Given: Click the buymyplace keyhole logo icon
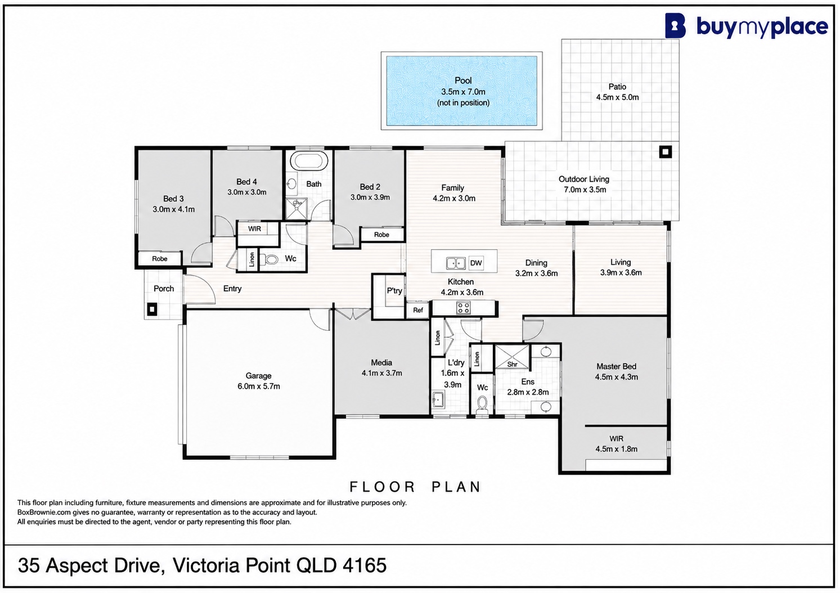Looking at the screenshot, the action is [x=675, y=25].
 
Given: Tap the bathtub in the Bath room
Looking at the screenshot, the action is [x=309, y=161].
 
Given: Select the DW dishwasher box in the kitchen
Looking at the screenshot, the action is [x=476, y=263].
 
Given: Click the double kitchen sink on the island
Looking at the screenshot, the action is [x=456, y=263].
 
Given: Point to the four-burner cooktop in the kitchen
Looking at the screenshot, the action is [x=464, y=308].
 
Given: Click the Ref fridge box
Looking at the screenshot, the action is [x=418, y=310].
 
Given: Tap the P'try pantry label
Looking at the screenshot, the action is [x=394, y=291].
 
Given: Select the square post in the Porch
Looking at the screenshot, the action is [x=152, y=309].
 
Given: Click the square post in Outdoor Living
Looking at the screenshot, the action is [x=665, y=152].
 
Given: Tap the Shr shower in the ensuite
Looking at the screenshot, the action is [x=512, y=357].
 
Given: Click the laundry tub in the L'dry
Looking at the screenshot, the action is [x=438, y=399].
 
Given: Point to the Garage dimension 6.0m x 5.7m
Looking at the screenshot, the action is [x=259, y=387].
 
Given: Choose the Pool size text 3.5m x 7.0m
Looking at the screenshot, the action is [x=463, y=92].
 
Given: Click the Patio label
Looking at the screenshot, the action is [x=617, y=87].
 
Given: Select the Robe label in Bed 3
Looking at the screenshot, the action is [x=160, y=259].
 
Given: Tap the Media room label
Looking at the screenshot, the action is [x=381, y=363].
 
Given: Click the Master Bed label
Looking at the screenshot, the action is [x=617, y=366].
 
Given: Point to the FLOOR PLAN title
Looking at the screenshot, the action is [x=416, y=487].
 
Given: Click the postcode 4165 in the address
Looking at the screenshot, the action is [x=364, y=565].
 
